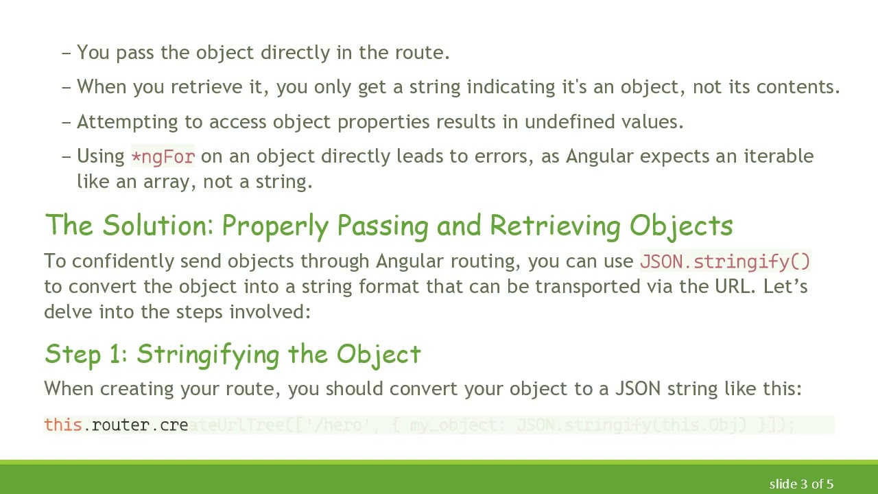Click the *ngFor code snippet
click(x=163, y=156)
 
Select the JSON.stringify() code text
click(x=725, y=261)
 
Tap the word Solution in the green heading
click(x=158, y=226)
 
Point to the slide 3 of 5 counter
click(x=800, y=484)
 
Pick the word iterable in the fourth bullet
click(x=779, y=156)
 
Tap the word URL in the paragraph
click(x=732, y=286)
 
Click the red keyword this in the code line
click(x=63, y=425)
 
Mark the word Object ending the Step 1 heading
click(x=379, y=354)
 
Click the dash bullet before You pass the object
click(x=67, y=53)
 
